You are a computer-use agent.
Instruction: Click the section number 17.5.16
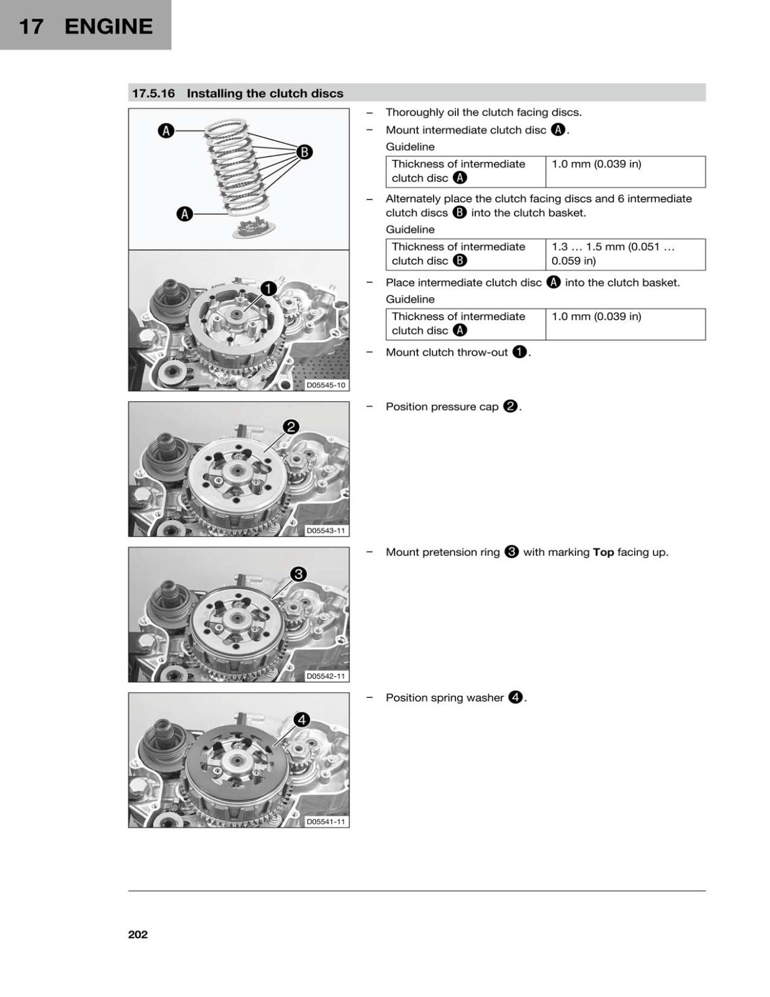click(x=154, y=93)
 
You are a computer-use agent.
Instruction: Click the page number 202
click(x=138, y=935)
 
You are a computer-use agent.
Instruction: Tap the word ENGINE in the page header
click(x=108, y=27)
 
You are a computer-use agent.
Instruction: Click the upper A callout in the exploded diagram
click(x=166, y=131)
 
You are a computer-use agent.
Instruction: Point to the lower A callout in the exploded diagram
click(x=184, y=214)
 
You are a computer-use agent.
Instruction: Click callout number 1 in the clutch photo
click(x=269, y=289)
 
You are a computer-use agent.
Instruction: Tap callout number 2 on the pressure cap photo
click(x=291, y=427)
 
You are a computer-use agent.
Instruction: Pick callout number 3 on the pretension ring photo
click(x=298, y=574)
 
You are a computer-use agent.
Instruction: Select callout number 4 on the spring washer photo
click(x=302, y=720)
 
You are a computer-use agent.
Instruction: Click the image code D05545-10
click(x=326, y=385)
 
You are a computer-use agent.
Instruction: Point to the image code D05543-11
click(x=326, y=530)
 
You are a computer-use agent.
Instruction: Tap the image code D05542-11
click(x=326, y=676)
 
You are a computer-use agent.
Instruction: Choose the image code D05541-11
click(x=326, y=821)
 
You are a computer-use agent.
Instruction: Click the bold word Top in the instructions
click(x=603, y=553)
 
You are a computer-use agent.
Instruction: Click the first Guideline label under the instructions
click(x=410, y=147)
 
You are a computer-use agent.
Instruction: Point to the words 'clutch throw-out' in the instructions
click(x=463, y=352)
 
